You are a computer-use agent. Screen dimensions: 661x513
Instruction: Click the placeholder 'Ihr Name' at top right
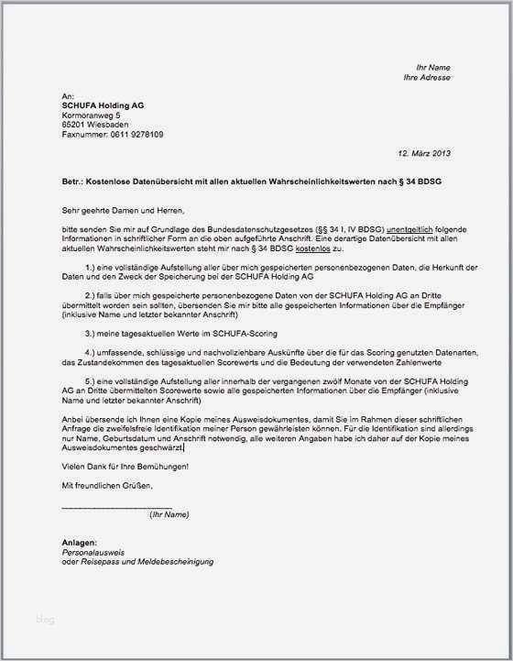click(x=432, y=67)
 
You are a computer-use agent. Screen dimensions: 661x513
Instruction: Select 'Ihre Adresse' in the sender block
click(x=427, y=77)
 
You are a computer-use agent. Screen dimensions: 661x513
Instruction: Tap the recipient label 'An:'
click(x=67, y=96)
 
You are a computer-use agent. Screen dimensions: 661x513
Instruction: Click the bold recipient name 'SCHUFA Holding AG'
click(x=102, y=105)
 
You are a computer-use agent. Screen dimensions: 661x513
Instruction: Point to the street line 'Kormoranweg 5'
click(x=91, y=116)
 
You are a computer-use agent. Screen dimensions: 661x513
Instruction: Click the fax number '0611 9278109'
click(x=136, y=135)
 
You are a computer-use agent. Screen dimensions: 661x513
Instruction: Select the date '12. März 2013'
click(x=424, y=153)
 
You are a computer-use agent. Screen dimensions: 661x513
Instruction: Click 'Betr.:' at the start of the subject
click(x=74, y=182)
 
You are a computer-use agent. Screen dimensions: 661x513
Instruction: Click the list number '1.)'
click(x=92, y=266)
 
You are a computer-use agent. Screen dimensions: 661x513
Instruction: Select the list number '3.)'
click(x=92, y=332)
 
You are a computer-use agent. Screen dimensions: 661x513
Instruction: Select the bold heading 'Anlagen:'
click(x=79, y=542)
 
